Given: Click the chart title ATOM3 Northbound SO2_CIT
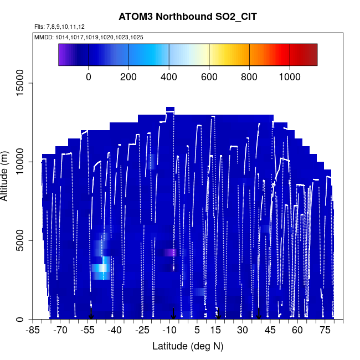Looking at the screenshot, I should tap(188, 17).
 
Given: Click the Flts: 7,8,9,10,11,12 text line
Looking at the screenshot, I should tap(59, 27).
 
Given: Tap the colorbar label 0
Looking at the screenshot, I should tap(89, 76).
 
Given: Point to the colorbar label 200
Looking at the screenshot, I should tap(128, 76).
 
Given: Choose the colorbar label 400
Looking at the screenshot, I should tap(169, 76).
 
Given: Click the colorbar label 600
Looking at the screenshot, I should tap(209, 76).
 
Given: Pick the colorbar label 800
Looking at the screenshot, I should tap(249, 76).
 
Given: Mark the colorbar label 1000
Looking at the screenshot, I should tap(290, 76).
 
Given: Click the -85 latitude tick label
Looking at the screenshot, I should tap(34, 331).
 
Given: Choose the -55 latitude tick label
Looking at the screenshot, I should tap(88, 331).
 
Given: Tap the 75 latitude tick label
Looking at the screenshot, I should tap(324, 331).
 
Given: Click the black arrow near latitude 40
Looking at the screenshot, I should tap(259, 314).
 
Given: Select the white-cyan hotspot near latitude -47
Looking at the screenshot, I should tap(100, 269).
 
